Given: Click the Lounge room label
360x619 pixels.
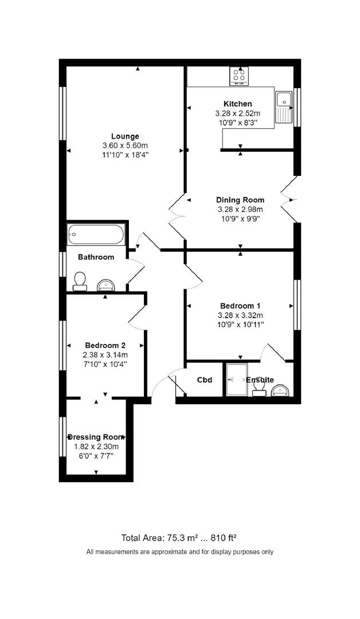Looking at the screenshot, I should pyautogui.click(x=125, y=136).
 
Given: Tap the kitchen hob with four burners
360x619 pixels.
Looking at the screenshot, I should pyautogui.click(x=239, y=76).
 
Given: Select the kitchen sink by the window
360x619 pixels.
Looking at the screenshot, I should pyautogui.click(x=284, y=107).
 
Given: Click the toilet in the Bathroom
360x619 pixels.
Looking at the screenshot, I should pyautogui.click(x=80, y=281).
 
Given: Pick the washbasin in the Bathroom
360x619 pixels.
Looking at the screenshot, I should pyautogui.click(x=106, y=284).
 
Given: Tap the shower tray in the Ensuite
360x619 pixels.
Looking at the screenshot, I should pyautogui.click(x=236, y=379).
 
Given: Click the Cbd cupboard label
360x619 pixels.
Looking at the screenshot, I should pyautogui.click(x=205, y=380).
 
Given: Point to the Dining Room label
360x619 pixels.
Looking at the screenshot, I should pyautogui.click(x=240, y=199).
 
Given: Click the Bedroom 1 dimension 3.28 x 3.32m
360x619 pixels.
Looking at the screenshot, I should pyautogui.click(x=240, y=315).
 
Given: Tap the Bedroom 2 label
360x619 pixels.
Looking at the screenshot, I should pyautogui.click(x=105, y=345).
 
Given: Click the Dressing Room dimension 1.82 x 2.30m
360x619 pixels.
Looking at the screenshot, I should pyautogui.click(x=96, y=446).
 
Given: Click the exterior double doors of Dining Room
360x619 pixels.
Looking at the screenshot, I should pyautogui.click(x=290, y=199).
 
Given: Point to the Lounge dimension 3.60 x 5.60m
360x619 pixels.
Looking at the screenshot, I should pyautogui.click(x=125, y=146).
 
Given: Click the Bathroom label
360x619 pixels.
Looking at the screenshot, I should pyautogui.click(x=96, y=257).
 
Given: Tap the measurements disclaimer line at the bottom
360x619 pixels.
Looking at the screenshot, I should pyautogui.click(x=179, y=552).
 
